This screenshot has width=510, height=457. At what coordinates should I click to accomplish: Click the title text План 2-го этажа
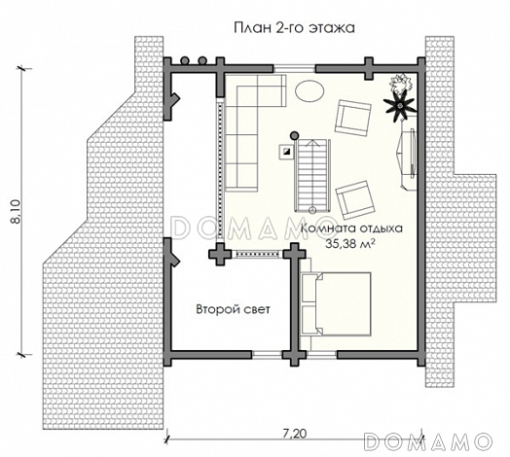click(294, 28)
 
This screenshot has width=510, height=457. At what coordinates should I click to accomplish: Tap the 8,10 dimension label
click(16, 212)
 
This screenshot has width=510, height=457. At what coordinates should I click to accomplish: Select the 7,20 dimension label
click(295, 434)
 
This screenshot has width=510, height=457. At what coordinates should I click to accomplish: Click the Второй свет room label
click(233, 309)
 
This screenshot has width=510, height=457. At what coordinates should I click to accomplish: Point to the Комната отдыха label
click(351, 228)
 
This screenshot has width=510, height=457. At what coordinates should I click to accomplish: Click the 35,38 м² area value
click(349, 243)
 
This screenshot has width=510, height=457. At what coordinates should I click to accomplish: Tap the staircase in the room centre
click(312, 176)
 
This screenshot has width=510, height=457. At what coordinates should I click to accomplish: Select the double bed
click(336, 304)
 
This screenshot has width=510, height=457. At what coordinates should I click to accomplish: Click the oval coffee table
click(310, 90)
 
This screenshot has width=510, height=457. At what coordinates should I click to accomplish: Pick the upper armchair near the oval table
click(353, 118)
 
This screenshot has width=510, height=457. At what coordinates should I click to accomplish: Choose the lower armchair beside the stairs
click(355, 200)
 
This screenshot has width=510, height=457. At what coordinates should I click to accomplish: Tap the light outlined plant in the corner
click(401, 84)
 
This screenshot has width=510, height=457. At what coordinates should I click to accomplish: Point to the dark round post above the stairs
click(294, 134)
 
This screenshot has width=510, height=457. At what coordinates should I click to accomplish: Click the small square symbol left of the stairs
click(286, 151)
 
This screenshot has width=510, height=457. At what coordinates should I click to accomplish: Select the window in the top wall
click(294, 69)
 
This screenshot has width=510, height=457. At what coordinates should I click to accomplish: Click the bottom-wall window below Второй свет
click(267, 355)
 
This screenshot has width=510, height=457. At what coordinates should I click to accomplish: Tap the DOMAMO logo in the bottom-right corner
click(427, 441)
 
